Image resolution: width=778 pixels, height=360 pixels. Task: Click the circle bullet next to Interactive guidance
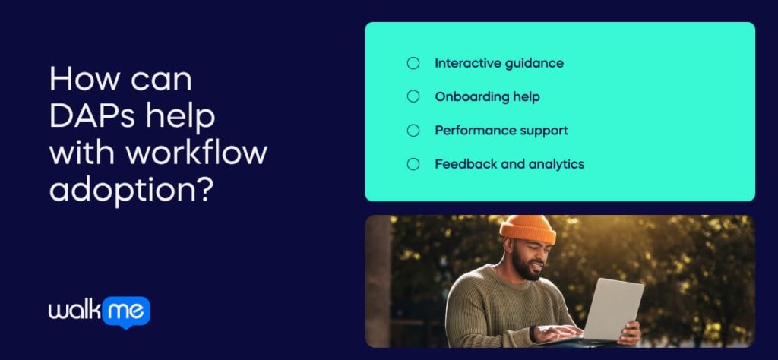click(413, 63)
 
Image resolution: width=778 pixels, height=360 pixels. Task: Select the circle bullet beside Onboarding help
click(413, 96)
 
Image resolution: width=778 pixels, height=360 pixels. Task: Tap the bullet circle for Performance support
click(413, 131)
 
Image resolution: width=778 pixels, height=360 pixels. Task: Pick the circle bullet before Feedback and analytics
click(413, 164)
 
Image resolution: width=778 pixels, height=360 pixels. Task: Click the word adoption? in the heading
click(130, 190)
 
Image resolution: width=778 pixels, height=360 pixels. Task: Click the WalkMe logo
click(99, 312)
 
